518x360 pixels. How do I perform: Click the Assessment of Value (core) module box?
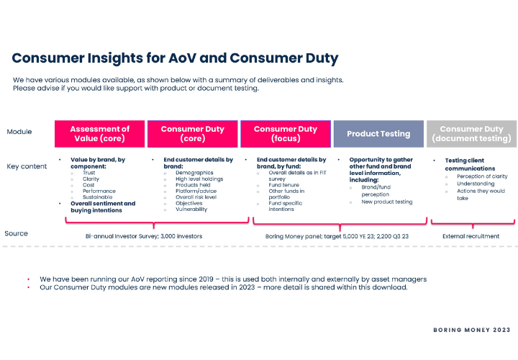pyautogui.click(x=100, y=133)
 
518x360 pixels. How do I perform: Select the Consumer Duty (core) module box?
pyautogui.click(x=192, y=133)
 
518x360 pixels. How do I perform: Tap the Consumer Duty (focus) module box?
pyautogui.click(x=285, y=133)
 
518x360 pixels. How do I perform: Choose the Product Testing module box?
pyautogui.click(x=378, y=133)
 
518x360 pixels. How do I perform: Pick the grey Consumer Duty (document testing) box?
pyautogui.click(x=471, y=133)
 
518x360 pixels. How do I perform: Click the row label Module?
pyautogui.click(x=19, y=132)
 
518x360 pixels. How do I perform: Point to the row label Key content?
pyautogui.click(x=27, y=166)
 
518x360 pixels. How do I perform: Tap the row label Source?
pyautogui.click(x=17, y=233)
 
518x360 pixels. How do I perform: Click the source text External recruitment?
pyautogui.click(x=472, y=235)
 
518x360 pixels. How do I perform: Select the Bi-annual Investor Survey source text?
pyautogui.click(x=144, y=235)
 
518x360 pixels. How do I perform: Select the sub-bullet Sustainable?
pyautogui.click(x=99, y=197)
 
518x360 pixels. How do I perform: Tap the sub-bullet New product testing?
pyautogui.click(x=387, y=202)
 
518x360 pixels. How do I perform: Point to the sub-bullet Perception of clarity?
pyautogui.click(x=482, y=176)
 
